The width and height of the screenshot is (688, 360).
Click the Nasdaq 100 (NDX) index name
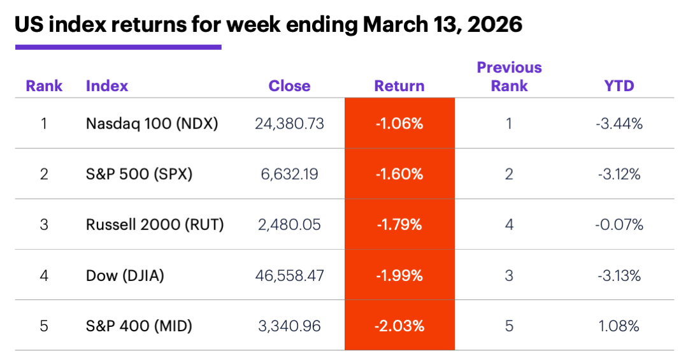tap(152, 124)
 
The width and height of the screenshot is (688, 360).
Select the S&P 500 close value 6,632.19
tap(289, 174)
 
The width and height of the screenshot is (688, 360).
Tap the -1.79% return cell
tap(399, 224)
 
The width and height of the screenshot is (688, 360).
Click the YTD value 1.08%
tap(619, 326)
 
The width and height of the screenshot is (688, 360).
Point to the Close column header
tap(289, 86)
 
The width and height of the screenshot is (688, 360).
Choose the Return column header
tap(399, 86)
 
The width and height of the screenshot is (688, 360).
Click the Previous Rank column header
tap(509, 76)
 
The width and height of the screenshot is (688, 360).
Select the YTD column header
tap(619, 86)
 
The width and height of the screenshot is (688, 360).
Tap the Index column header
tap(107, 86)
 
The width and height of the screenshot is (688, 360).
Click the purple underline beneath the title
tap(118, 47)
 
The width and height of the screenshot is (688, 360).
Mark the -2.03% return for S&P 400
tap(399, 326)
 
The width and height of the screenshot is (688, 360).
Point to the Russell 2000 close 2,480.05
tap(289, 224)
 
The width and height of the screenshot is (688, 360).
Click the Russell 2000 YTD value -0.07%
tap(619, 224)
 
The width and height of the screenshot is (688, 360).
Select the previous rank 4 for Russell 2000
tap(509, 224)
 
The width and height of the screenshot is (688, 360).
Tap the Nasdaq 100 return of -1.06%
tap(399, 124)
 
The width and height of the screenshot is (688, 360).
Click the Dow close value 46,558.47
tap(289, 275)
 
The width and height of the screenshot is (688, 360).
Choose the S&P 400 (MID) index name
tap(139, 326)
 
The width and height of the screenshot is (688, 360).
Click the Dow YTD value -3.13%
tap(619, 275)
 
